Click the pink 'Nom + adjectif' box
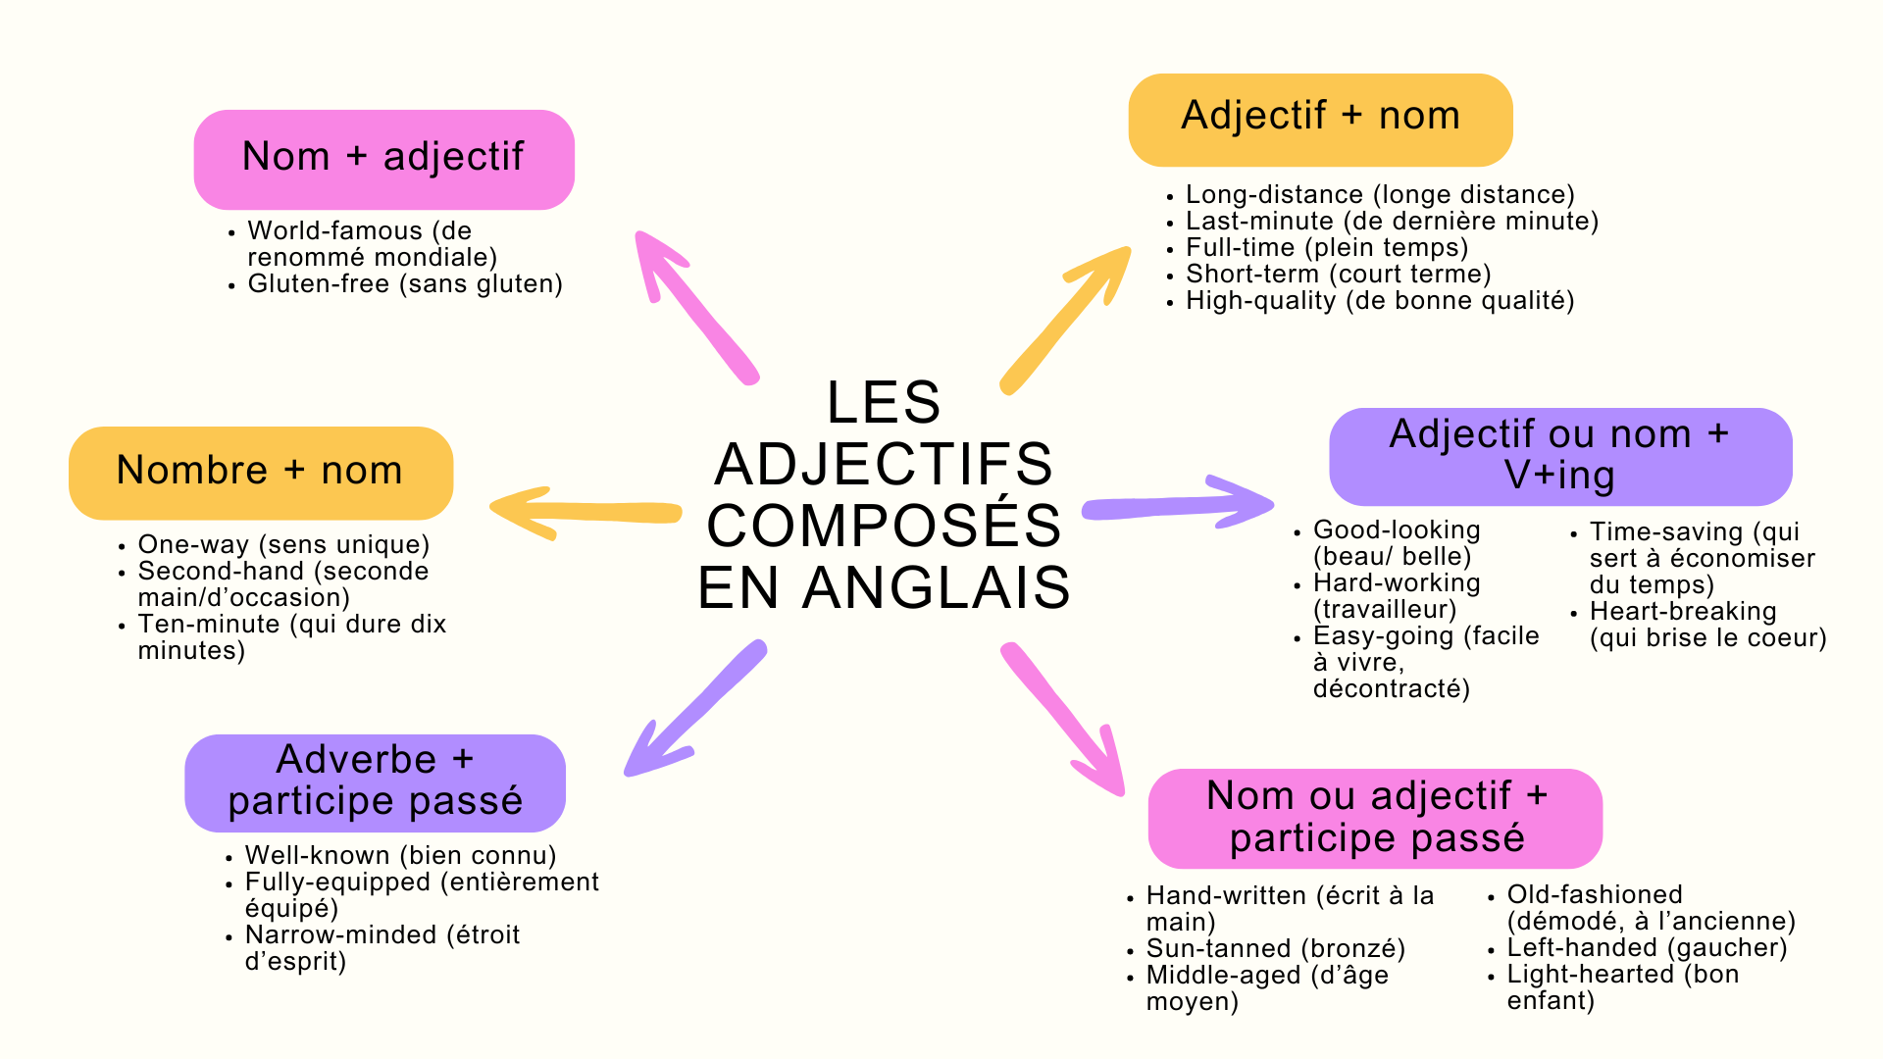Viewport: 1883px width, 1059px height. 383,159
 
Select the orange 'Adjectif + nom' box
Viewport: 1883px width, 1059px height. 1320,119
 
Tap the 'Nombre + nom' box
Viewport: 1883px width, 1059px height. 260,472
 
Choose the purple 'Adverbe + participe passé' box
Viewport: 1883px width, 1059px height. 375,782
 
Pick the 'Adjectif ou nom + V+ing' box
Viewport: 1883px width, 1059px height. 1559,456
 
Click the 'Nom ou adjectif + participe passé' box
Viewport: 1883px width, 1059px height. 1375,818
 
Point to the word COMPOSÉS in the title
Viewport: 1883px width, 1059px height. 884,526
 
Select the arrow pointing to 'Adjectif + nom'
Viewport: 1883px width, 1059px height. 1064,320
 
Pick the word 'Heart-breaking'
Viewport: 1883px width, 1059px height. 1683,612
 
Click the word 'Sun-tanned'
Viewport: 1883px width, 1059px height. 1218,949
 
